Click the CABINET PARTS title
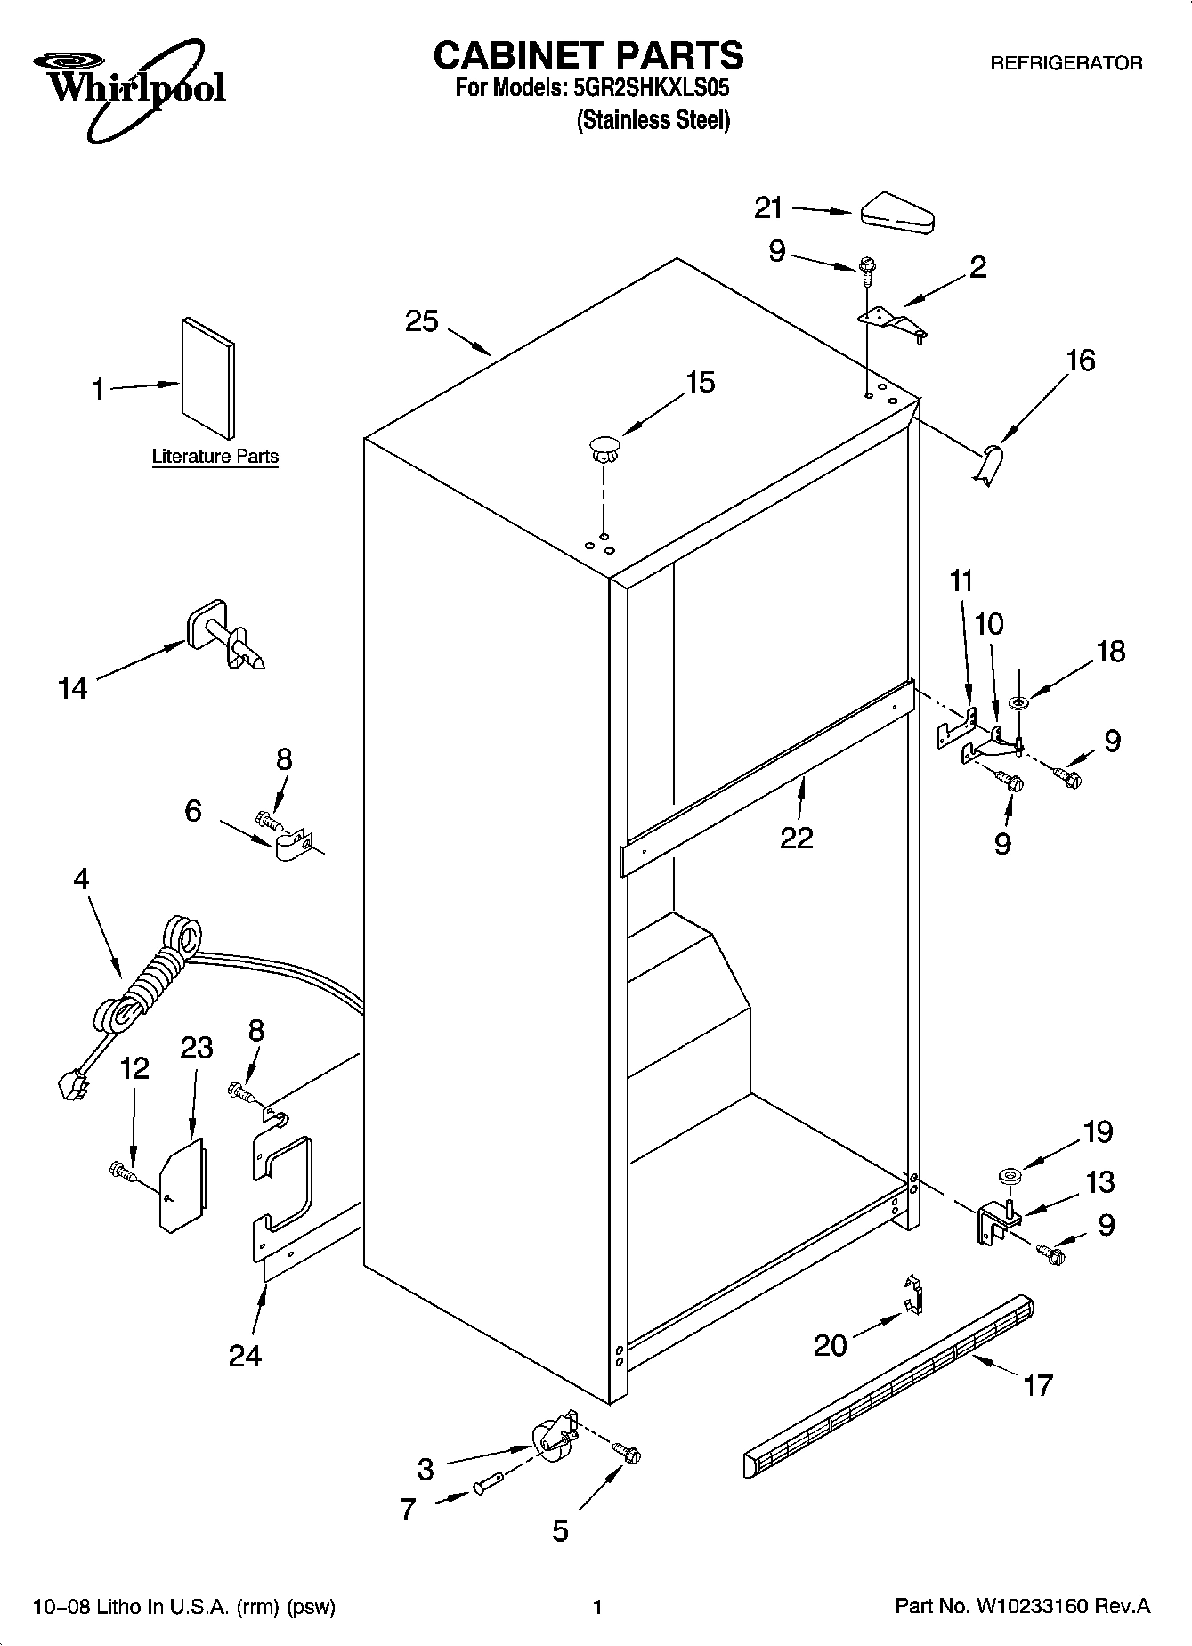588,55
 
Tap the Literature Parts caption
215,457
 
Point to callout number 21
768,208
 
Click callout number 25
422,321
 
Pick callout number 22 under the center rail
797,838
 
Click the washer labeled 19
1009,1178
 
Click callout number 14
73,688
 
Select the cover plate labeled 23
182,1188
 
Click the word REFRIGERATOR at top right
1066,63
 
